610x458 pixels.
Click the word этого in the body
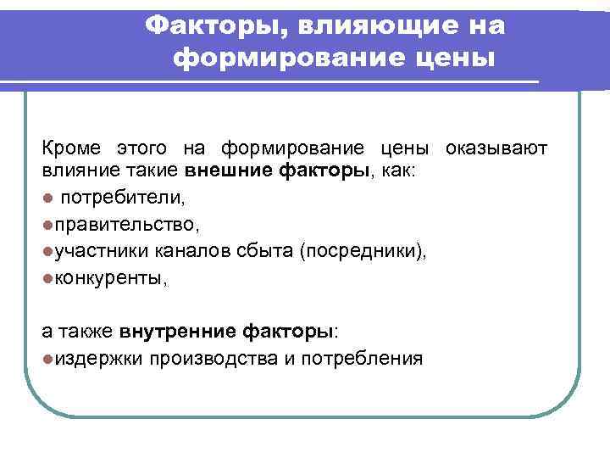click(141, 149)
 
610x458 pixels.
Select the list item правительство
click(127, 224)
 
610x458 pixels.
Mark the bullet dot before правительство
click(48, 224)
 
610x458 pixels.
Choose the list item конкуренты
click(111, 277)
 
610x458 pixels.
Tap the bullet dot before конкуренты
click(48, 277)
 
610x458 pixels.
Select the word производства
click(212, 358)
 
